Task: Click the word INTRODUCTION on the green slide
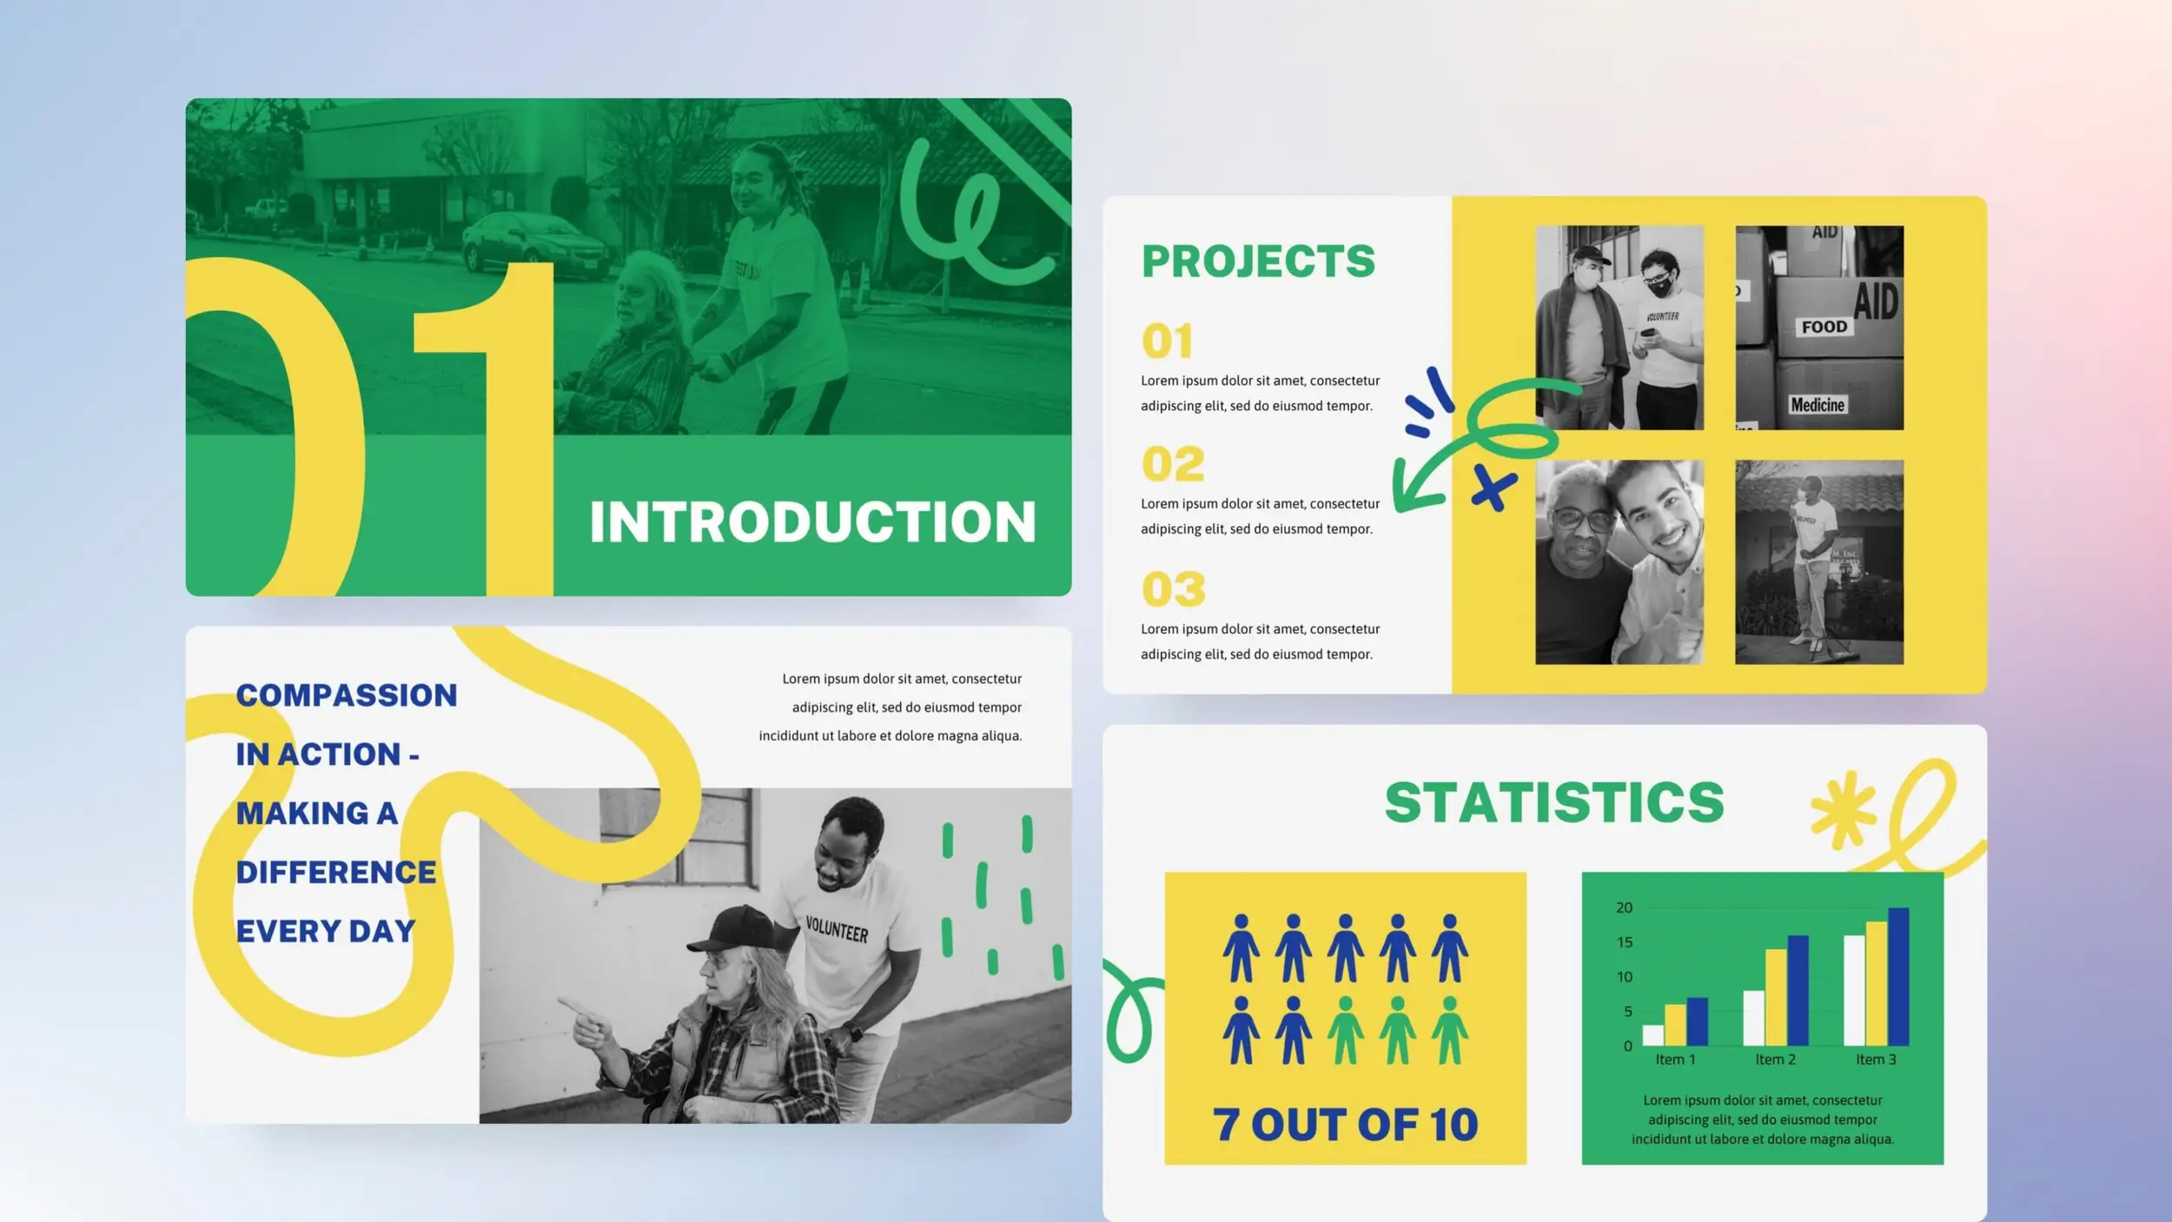(812, 521)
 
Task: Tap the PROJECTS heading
(1258, 262)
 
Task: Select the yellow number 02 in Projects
(1173, 464)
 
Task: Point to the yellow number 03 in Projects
(1173, 589)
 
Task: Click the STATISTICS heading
(1553, 802)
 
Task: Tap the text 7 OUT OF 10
(1345, 1125)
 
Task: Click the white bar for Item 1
(1652, 1034)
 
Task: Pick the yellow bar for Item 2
(1776, 997)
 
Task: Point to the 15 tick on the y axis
(1624, 942)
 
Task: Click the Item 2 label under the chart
(1775, 1059)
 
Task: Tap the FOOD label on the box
(1824, 327)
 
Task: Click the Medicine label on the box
(1817, 405)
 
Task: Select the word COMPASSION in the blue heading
(346, 695)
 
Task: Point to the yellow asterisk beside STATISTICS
(1842, 809)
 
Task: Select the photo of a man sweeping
(1818, 562)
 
